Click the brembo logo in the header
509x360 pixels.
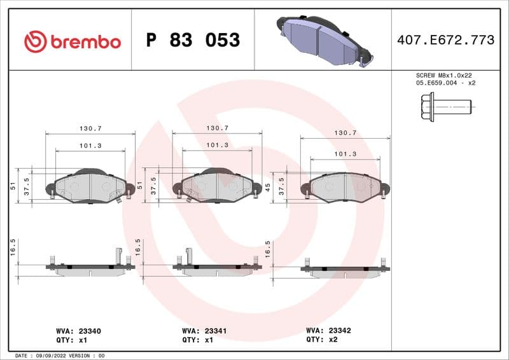[x=72, y=41]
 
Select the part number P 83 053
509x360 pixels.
[x=193, y=41]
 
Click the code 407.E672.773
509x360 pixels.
[x=445, y=40]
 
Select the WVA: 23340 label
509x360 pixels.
[x=79, y=331]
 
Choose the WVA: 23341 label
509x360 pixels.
[x=204, y=331]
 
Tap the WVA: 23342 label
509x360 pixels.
[x=328, y=331]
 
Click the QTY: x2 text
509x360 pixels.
[x=324, y=340]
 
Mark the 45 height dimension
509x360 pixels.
[x=268, y=187]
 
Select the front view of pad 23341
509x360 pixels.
[x=216, y=186]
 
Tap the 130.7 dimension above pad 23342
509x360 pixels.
[x=345, y=133]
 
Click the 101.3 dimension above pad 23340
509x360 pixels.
[x=91, y=146]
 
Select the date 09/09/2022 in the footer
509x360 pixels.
[x=47, y=356]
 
